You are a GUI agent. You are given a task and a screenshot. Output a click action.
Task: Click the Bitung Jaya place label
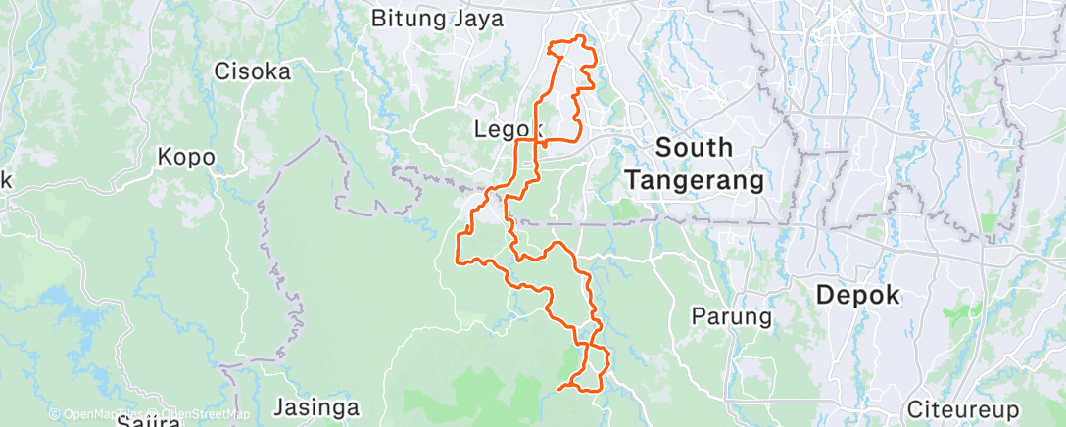(438, 18)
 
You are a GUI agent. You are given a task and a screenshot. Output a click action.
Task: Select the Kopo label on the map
(186, 157)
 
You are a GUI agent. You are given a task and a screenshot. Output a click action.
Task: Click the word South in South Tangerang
(694, 148)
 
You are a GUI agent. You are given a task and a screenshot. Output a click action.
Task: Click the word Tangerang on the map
(694, 181)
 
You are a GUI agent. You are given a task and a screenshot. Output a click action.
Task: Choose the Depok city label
(857, 296)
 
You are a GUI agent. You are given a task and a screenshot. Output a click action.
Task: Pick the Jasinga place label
(315, 407)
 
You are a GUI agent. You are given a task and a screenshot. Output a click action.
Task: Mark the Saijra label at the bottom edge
(149, 423)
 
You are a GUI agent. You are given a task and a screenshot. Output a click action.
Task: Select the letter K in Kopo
(165, 157)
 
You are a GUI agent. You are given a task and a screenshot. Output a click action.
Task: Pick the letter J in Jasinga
(278, 407)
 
